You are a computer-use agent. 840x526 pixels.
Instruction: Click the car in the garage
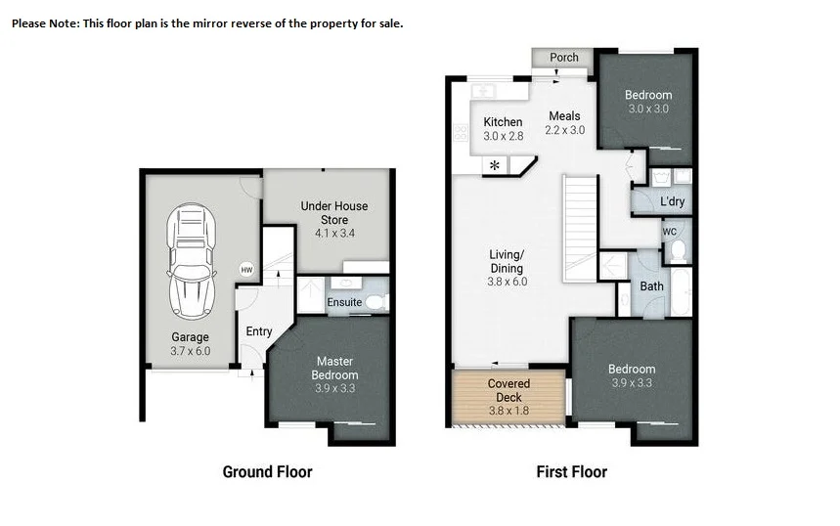(x=192, y=260)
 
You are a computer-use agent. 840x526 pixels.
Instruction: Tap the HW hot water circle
(x=246, y=270)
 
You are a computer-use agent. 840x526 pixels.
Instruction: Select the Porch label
(x=564, y=58)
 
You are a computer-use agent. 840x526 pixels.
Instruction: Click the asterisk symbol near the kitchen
(x=496, y=165)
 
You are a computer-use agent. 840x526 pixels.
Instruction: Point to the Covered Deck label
(x=508, y=390)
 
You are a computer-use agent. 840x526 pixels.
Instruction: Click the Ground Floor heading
(x=267, y=472)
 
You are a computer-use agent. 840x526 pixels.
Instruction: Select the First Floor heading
(x=571, y=472)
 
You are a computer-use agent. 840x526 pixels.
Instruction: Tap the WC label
(x=670, y=232)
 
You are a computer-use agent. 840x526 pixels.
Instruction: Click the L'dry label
(x=672, y=202)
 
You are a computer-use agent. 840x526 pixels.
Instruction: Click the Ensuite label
(x=344, y=302)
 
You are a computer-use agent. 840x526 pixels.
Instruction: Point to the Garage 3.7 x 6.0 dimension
(x=191, y=350)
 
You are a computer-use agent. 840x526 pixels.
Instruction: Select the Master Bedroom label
(x=334, y=368)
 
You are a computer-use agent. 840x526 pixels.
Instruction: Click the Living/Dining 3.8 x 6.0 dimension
(x=507, y=282)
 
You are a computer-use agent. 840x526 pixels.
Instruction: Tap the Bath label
(x=651, y=286)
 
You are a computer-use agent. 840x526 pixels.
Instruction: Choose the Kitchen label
(x=503, y=122)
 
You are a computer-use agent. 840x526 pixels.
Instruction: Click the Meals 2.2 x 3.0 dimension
(x=564, y=130)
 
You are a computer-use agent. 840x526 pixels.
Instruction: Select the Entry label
(x=259, y=331)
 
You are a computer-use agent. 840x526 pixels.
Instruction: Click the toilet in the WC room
(x=677, y=249)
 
